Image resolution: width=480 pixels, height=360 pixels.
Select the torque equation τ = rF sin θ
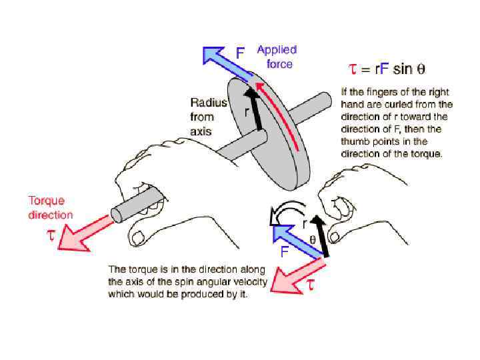pyautogui.click(x=387, y=69)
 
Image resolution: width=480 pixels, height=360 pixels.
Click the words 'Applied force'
pyautogui.click(x=277, y=57)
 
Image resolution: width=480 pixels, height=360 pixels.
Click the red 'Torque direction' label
pyautogui.click(x=51, y=207)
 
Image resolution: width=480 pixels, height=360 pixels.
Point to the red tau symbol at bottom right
pyautogui.click(x=310, y=285)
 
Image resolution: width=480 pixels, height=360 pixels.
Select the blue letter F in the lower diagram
pyautogui.click(x=285, y=253)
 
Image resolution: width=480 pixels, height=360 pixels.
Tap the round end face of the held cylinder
pyautogui.click(x=117, y=215)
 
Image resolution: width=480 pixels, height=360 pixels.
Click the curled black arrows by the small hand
pyautogui.click(x=283, y=214)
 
